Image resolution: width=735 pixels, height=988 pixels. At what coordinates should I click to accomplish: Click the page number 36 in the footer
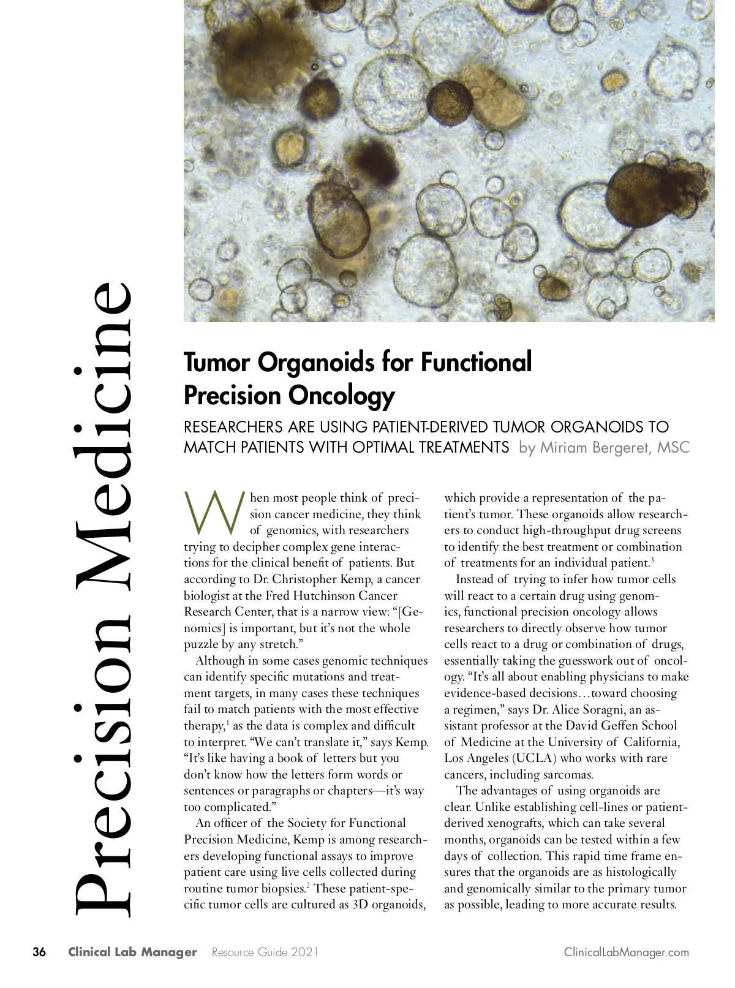[39, 952]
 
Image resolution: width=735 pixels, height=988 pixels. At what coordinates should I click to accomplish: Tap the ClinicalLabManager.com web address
[626, 952]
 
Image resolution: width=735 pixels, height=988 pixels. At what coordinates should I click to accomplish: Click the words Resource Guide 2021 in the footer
[265, 952]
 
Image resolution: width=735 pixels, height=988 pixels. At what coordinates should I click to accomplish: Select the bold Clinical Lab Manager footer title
[132, 952]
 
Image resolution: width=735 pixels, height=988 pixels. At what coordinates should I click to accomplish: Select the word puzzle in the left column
[202, 644]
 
